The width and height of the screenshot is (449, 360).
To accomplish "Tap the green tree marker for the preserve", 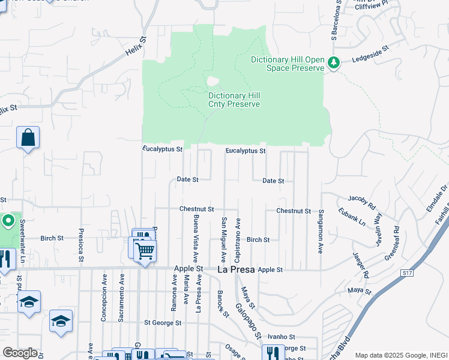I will tap(334, 62).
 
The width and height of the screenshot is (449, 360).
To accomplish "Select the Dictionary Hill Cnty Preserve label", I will tap(234, 100).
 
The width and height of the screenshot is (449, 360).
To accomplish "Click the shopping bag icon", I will tap(28, 138).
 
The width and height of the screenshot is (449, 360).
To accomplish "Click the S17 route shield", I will tap(408, 273).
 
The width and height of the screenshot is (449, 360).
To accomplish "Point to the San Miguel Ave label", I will tap(223, 240).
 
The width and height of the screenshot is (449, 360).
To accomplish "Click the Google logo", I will tap(19, 353).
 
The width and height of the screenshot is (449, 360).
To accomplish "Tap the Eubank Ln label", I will tap(352, 217).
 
